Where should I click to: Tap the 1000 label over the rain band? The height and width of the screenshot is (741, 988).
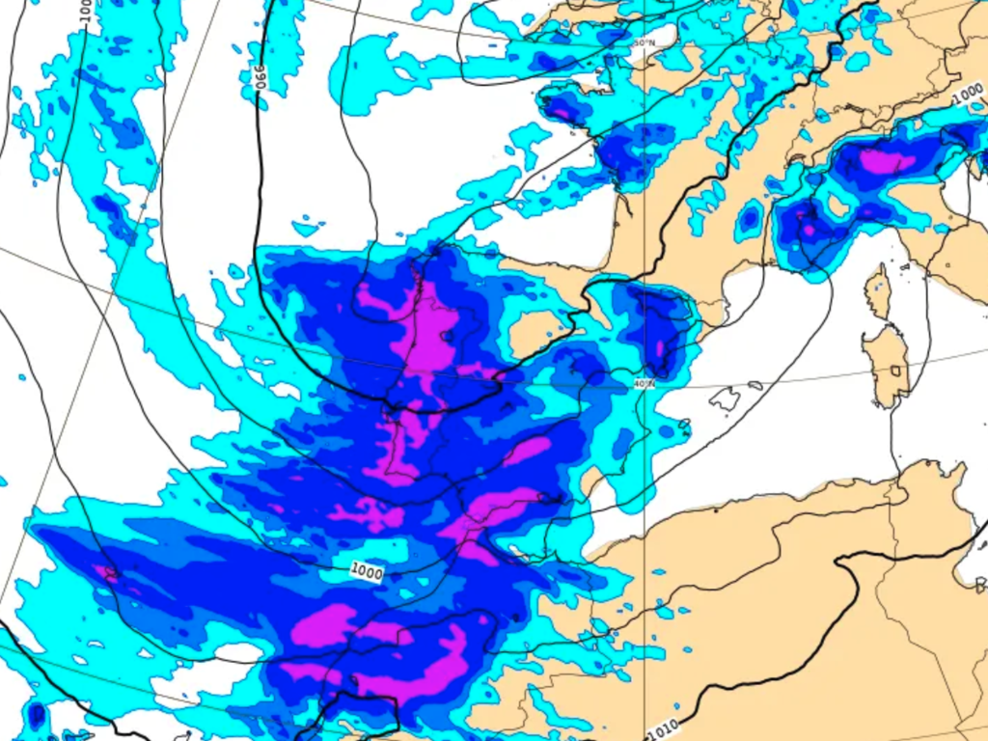367,572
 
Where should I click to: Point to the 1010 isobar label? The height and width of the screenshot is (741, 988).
665,729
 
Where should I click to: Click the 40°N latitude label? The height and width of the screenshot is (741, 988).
645,384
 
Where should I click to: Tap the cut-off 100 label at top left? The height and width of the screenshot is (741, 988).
85,12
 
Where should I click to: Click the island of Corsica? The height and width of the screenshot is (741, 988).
877,291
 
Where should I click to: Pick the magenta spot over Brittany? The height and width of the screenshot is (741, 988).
563,113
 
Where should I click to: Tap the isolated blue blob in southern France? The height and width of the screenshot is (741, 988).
750,221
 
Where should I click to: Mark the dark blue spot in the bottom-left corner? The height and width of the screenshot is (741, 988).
36,716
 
